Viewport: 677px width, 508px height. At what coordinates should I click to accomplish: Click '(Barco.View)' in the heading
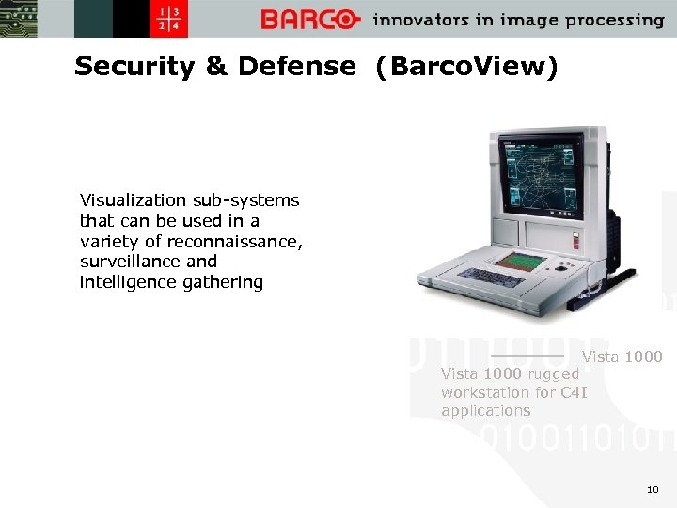coord(465,67)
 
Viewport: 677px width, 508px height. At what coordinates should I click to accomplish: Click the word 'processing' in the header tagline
coord(614,20)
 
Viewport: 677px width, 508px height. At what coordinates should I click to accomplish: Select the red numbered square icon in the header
coord(173,19)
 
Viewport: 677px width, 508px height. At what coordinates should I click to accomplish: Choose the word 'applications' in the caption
coord(485,411)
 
